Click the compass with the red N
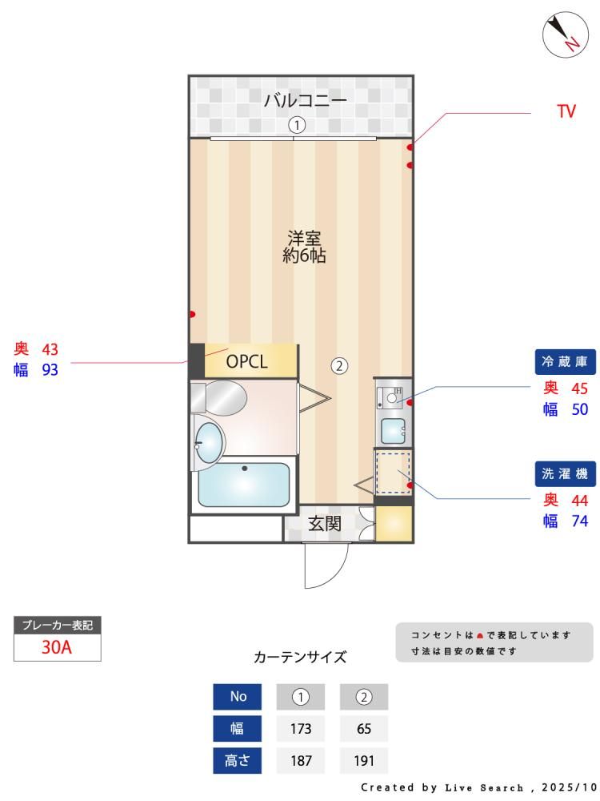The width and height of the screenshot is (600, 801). point(566,34)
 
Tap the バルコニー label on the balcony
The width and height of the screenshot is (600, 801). point(305,99)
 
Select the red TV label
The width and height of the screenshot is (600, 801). point(566,111)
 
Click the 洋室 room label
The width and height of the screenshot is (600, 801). point(304,238)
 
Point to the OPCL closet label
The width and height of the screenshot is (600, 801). point(246,362)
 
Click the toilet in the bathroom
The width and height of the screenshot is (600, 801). point(219,397)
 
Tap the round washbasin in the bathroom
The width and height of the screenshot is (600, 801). point(209,441)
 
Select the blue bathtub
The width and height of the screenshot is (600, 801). point(243,485)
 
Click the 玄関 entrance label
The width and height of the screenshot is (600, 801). point(325,524)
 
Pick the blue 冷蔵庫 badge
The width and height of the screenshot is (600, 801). point(566,362)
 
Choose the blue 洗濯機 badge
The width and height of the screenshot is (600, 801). point(566,473)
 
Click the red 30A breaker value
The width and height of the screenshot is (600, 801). point(57,647)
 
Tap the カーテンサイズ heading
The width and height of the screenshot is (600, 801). point(300,657)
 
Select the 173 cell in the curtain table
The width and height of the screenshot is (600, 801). point(301,728)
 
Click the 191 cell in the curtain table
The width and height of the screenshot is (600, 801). point(364,761)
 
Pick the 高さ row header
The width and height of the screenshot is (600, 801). point(238,761)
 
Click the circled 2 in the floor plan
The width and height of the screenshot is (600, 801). point(339,366)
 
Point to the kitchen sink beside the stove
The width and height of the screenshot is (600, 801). point(394,431)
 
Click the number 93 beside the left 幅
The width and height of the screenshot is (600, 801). point(50,369)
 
